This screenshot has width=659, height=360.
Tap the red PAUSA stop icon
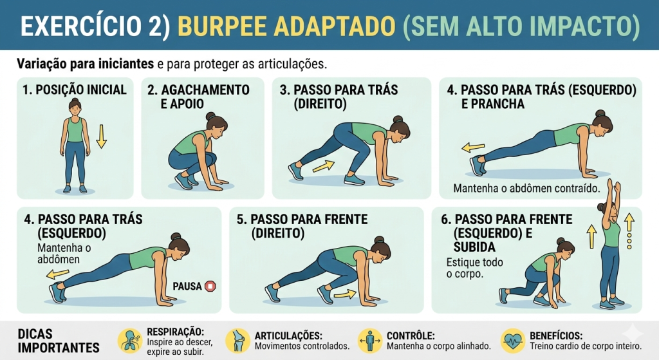(x=210, y=286)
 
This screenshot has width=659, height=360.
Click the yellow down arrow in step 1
(x=101, y=137)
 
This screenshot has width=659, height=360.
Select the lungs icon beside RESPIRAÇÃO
(x=130, y=341)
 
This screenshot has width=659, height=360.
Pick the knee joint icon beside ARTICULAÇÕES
(x=238, y=341)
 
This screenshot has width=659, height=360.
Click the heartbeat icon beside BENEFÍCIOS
(x=513, y=341)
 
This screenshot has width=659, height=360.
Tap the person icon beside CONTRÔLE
(x=370, y=341)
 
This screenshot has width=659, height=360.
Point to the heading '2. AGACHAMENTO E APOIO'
(x=198, y=97)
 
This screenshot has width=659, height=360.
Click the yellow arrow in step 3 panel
(x=324, y=166)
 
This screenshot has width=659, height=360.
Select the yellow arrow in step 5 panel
(x=345, y=294)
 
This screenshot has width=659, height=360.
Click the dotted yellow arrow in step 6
(x=629, y=231)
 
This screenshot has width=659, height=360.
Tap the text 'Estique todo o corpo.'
(x=474, y=268)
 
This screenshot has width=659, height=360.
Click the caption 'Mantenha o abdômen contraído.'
(x=526, y=188)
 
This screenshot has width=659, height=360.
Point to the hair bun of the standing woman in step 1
(x=75, y=100)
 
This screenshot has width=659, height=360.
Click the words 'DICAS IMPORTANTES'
(x=59, y=341)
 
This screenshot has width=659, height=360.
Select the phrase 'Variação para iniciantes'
(x=86, y=64)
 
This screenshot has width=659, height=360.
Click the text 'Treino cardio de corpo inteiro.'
(x=586, y=346)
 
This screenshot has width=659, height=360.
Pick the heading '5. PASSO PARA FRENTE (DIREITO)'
(x=302, y=226)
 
